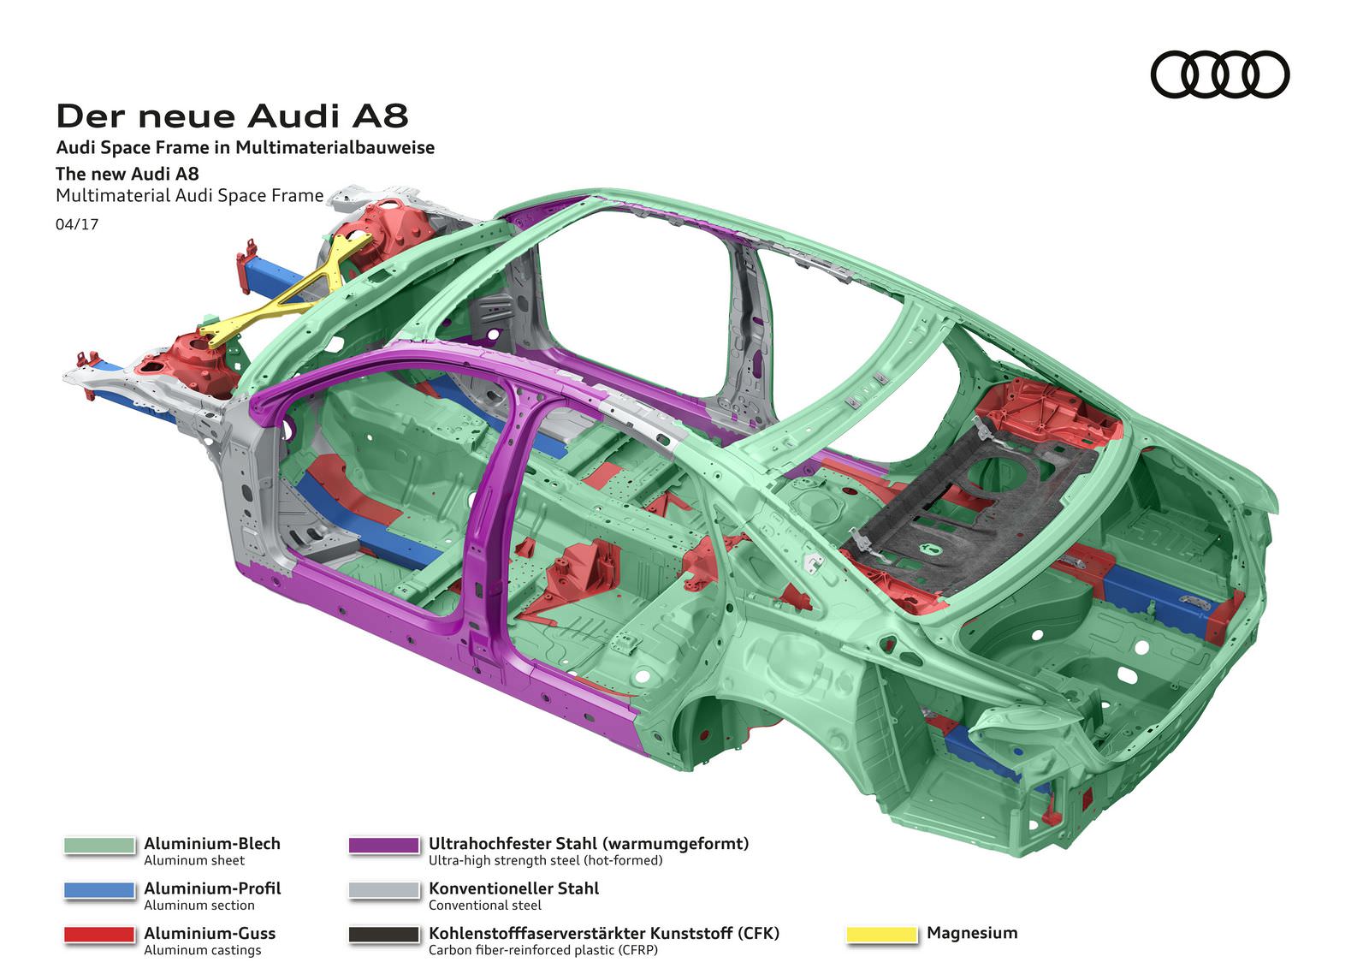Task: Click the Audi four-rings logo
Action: click(1219, 74)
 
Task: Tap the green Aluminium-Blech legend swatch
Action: click(99, 845)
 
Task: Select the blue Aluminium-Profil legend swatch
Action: click(99, 890)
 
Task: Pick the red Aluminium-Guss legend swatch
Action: click(99, 935)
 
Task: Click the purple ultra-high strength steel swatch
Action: click(384, 845)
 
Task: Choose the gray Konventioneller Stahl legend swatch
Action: click(384, 890)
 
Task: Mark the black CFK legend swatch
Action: click(384, 935)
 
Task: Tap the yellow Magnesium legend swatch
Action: click(881, 935)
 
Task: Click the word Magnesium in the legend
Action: click(972, 933)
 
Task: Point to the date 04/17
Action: click(77, 224)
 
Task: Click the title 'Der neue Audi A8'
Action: click(232, 116)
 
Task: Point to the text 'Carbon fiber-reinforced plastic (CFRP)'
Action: click(543, 950)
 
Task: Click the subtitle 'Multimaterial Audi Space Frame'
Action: click(189, 195)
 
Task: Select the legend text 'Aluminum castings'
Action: click(203, 950)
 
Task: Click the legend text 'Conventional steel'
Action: click(485, 906)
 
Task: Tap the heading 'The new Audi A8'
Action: click(127, 173)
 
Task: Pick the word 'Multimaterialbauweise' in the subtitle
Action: click(335, 147)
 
